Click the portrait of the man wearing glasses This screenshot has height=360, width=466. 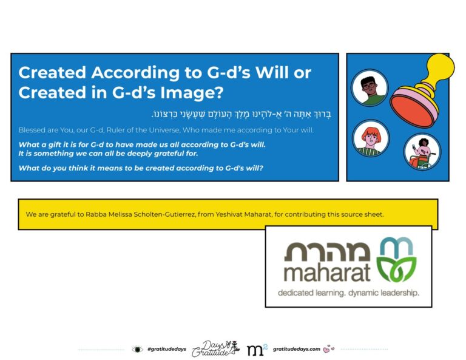pyautogui.click(x=370, y=87)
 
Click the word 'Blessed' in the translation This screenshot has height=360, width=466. pyautogui.click(x=32, y=131)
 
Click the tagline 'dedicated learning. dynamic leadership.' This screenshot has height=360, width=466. pyautogui.click(x=348, y=293)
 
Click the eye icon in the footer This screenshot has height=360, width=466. pyautogui.click(x=138, y=349)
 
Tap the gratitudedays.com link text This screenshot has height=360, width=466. pyautogui.click(x=296, y=349)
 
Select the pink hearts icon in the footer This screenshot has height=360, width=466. pyautogui.click(x=329, y=349)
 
